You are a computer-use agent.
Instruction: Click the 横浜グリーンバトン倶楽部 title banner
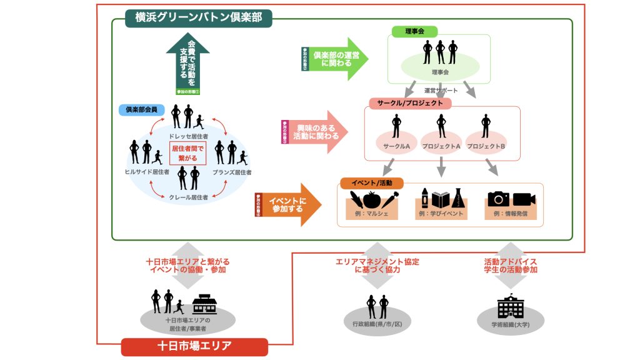point(194,17)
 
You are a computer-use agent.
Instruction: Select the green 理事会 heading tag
point(414,31)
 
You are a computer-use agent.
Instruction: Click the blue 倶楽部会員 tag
point(141,109)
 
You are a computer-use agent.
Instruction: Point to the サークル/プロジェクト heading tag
point(410,103)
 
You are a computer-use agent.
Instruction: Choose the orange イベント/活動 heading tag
point(371,182)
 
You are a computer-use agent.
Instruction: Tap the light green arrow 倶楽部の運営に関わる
point(335,59)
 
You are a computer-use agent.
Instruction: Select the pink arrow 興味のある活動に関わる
point(316,131)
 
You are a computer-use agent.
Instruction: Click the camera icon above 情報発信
point(498,199)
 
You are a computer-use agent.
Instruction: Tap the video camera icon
point(524,199)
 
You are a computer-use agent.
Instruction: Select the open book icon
point(440,200)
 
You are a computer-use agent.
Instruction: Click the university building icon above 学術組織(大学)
point(510,306)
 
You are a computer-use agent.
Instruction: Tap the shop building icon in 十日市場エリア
point(204,304)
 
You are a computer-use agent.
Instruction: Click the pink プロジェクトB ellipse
point(486,144)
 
